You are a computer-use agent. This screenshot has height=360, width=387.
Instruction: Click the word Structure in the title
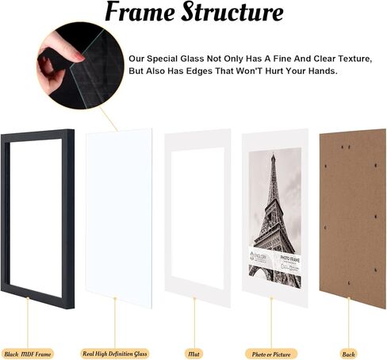tap(235, 13)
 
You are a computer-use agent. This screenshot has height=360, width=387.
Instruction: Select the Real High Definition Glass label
tap(115, 353)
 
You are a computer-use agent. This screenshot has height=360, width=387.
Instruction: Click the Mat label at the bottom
tap(193, 353)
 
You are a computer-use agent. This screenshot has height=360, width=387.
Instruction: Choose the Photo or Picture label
tap(271, 353)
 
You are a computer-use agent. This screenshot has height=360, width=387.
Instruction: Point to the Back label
tap(348, 353)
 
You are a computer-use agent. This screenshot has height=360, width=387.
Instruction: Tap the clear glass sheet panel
tap(119, 214)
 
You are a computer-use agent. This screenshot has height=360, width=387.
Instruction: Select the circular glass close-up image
tap(75, 67)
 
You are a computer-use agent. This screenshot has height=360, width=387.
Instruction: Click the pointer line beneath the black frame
tap(27, 321)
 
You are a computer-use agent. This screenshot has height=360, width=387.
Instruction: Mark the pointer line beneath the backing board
tap(348, 321)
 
